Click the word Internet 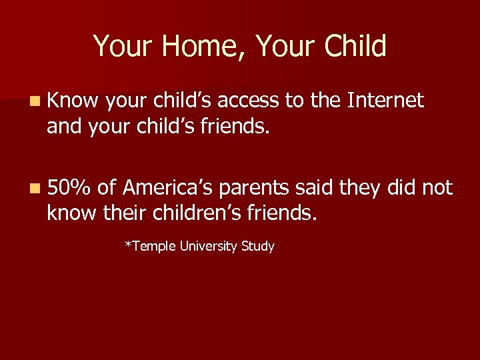385,101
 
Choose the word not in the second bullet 437,189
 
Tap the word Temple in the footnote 148,247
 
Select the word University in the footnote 205,247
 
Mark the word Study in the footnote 258,247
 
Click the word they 360,189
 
